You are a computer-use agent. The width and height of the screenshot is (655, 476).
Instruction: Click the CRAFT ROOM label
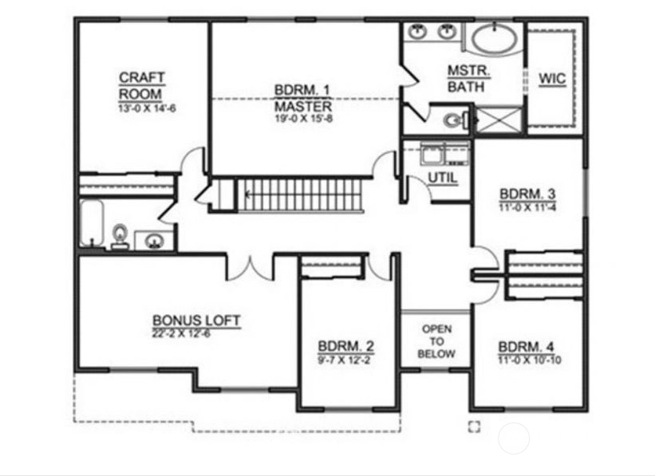141,85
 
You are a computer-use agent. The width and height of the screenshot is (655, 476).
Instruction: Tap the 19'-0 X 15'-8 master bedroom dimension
304,119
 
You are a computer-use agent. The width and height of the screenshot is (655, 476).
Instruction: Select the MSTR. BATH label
468,78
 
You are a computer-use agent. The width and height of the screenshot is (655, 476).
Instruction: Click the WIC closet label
552,78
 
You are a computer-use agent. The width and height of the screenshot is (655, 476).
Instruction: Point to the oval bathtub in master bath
495,39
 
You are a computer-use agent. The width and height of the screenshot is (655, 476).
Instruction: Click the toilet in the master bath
454,121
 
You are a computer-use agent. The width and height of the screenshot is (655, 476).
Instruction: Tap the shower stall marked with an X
499,120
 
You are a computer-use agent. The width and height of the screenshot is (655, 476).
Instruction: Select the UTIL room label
443,178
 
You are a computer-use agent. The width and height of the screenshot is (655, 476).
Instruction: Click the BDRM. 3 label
527,195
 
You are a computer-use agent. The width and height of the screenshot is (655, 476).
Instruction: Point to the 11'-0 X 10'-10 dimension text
530,360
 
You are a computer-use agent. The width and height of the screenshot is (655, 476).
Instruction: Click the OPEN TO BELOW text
436,341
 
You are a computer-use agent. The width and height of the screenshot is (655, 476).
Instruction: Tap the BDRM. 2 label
346,346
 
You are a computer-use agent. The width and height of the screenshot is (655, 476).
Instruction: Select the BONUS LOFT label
196,321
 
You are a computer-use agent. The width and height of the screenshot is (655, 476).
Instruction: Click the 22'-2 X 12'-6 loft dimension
181,333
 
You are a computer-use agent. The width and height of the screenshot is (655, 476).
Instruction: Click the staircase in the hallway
299,195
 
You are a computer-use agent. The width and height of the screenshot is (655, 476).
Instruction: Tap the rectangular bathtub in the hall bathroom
92,223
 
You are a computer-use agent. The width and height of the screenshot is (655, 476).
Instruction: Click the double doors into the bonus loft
250,269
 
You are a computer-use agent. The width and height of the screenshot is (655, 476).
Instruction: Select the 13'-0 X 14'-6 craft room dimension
147,108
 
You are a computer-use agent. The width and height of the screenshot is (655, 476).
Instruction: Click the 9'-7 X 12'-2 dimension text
344,360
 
